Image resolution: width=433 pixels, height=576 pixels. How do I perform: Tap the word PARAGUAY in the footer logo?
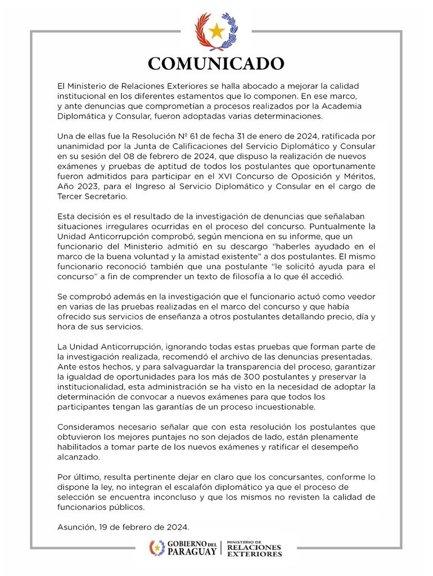pyautogui.click(x=192, y=552)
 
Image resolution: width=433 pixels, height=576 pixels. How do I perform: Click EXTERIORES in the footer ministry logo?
pyautogui.click(x=255, y=554)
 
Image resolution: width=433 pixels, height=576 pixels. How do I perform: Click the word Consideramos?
pyautogui.click(x=88, y=426)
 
